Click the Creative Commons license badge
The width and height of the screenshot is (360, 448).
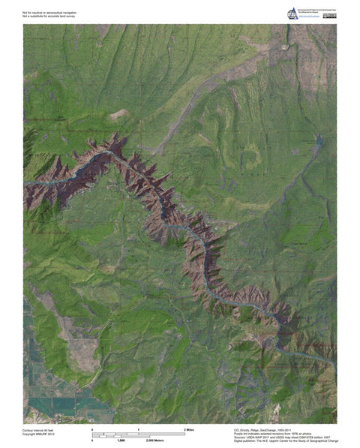coord(329,15)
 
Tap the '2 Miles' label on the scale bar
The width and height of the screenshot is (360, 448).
coord(190,428)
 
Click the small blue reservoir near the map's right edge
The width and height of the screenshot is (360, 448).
coord(318,140)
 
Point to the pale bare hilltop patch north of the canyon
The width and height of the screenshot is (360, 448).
coord(118,115)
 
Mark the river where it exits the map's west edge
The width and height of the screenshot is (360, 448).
coord(25,183)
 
